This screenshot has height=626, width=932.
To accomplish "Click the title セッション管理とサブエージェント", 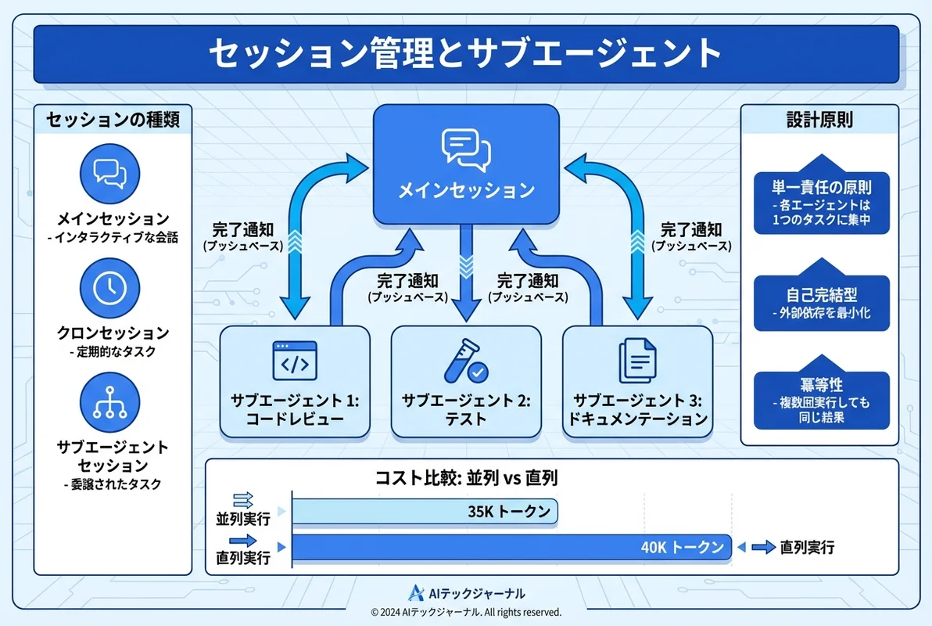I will click(x=466, y=54).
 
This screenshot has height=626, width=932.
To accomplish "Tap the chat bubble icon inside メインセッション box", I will click(x=466, y=149).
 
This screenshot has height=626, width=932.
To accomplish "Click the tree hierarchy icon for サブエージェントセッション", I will click(x=109, y=401).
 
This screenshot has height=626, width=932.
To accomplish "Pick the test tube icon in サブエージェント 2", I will click(x=465, y=361).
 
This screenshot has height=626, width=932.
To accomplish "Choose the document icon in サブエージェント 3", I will click(x=637, y=361).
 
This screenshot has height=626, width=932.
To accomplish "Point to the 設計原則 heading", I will click(x=819, y=121).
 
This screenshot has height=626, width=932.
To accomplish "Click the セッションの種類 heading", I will click(x=113, y=121).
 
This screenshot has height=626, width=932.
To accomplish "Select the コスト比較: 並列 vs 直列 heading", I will click(x=467, y=477).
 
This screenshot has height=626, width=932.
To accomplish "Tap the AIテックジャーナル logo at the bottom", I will click(x=467, y=593).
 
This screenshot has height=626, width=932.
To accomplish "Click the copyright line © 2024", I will click(x=466, y=612).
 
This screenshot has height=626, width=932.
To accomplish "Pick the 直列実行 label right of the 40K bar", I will click(x=807, y=547).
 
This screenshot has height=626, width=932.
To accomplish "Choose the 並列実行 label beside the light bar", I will click(x=243, y=518).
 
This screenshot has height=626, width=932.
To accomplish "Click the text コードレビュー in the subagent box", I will click(x=293, y=419).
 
